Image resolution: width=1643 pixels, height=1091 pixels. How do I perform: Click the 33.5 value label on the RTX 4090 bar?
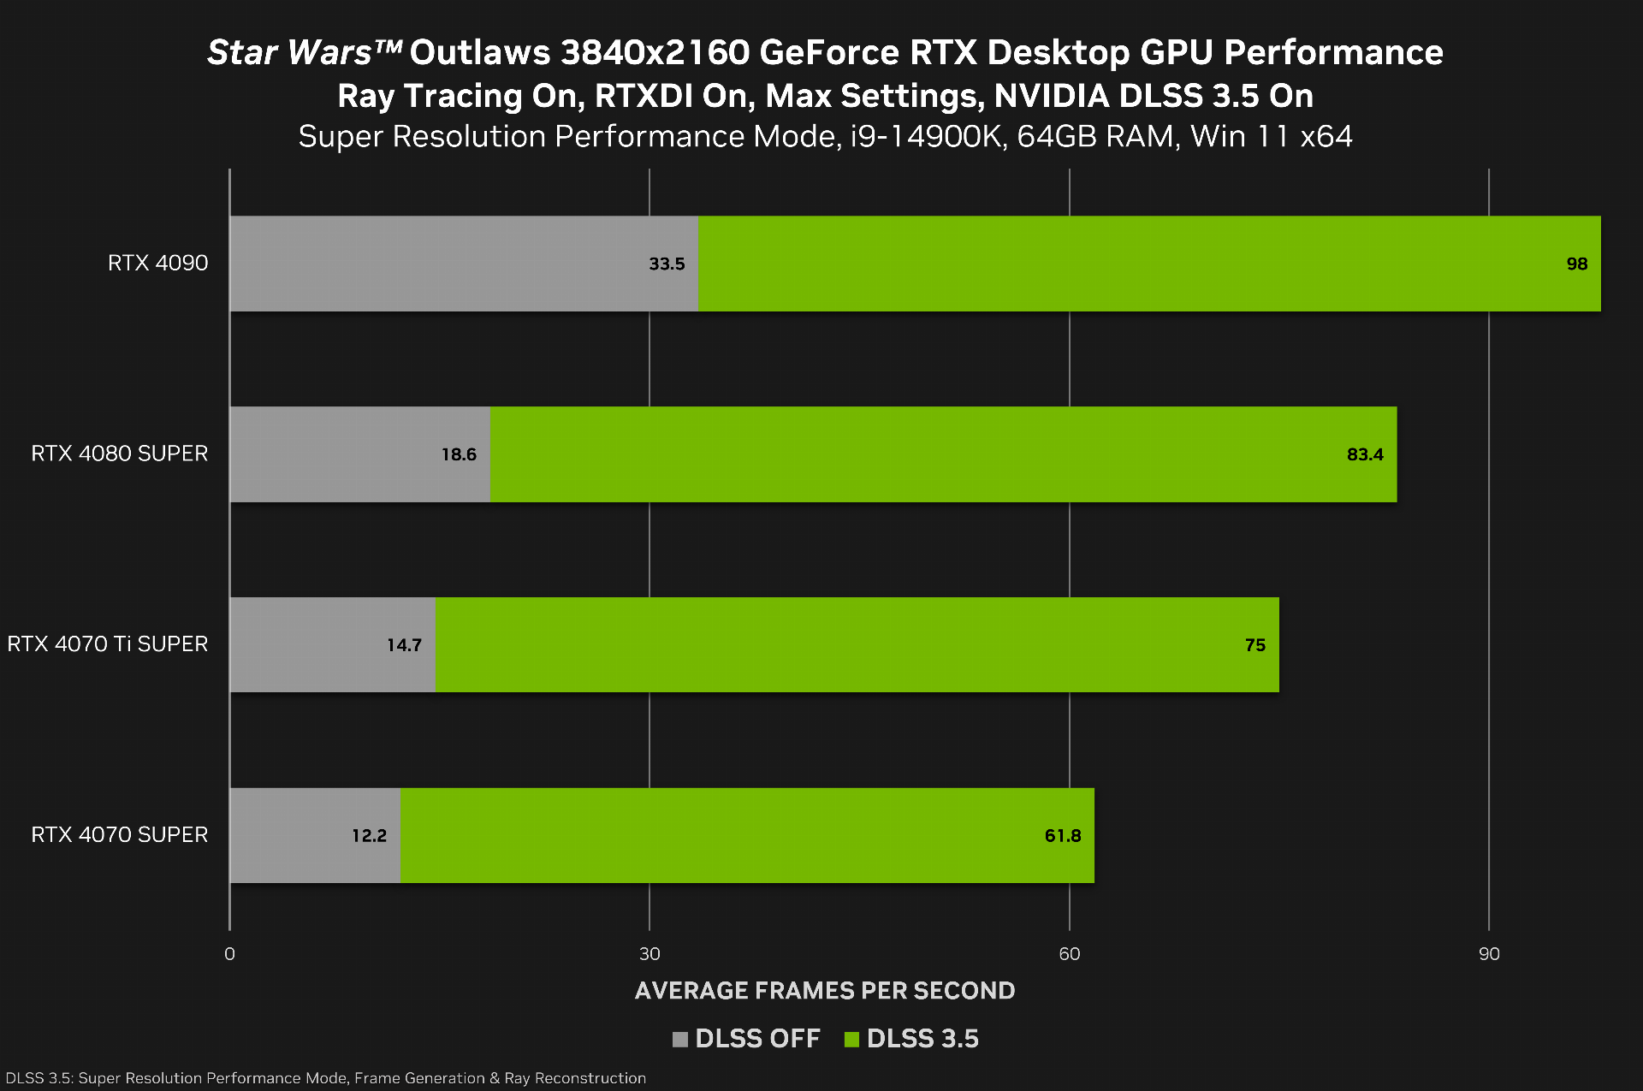pos(667,264)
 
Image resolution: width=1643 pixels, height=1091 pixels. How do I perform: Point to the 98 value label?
pos(1576,264)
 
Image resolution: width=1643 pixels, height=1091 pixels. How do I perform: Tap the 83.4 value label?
pos(1365,454)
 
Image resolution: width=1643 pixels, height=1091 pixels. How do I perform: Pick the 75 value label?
pos(1254,645)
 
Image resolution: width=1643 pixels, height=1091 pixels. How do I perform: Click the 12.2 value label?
pos(369,835)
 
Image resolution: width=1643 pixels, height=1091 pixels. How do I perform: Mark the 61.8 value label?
pos(1063,835)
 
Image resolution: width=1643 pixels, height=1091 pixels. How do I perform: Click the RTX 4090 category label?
pos(157,263)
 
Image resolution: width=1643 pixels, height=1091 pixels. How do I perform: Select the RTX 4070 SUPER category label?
pos(119,834)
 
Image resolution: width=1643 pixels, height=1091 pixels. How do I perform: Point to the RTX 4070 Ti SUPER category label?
pos(107,643)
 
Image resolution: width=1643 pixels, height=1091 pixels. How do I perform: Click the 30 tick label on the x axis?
pos(649,953)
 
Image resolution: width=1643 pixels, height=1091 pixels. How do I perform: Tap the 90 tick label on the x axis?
pos(1489,953)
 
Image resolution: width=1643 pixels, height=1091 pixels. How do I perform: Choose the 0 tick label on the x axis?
pos(229,953)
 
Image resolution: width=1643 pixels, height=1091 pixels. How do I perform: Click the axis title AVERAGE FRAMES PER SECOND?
pos(825,990)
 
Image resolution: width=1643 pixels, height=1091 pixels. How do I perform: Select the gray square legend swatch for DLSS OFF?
pos(680,1039)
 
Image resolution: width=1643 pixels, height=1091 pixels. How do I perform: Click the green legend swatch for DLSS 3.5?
pos(851,1039)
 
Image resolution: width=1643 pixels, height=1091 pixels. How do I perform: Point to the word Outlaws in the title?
pos(479,52)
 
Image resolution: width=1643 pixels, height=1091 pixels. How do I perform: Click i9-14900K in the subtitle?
pos(928,136)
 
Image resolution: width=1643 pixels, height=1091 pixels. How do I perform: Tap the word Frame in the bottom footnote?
pos(376,1078)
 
